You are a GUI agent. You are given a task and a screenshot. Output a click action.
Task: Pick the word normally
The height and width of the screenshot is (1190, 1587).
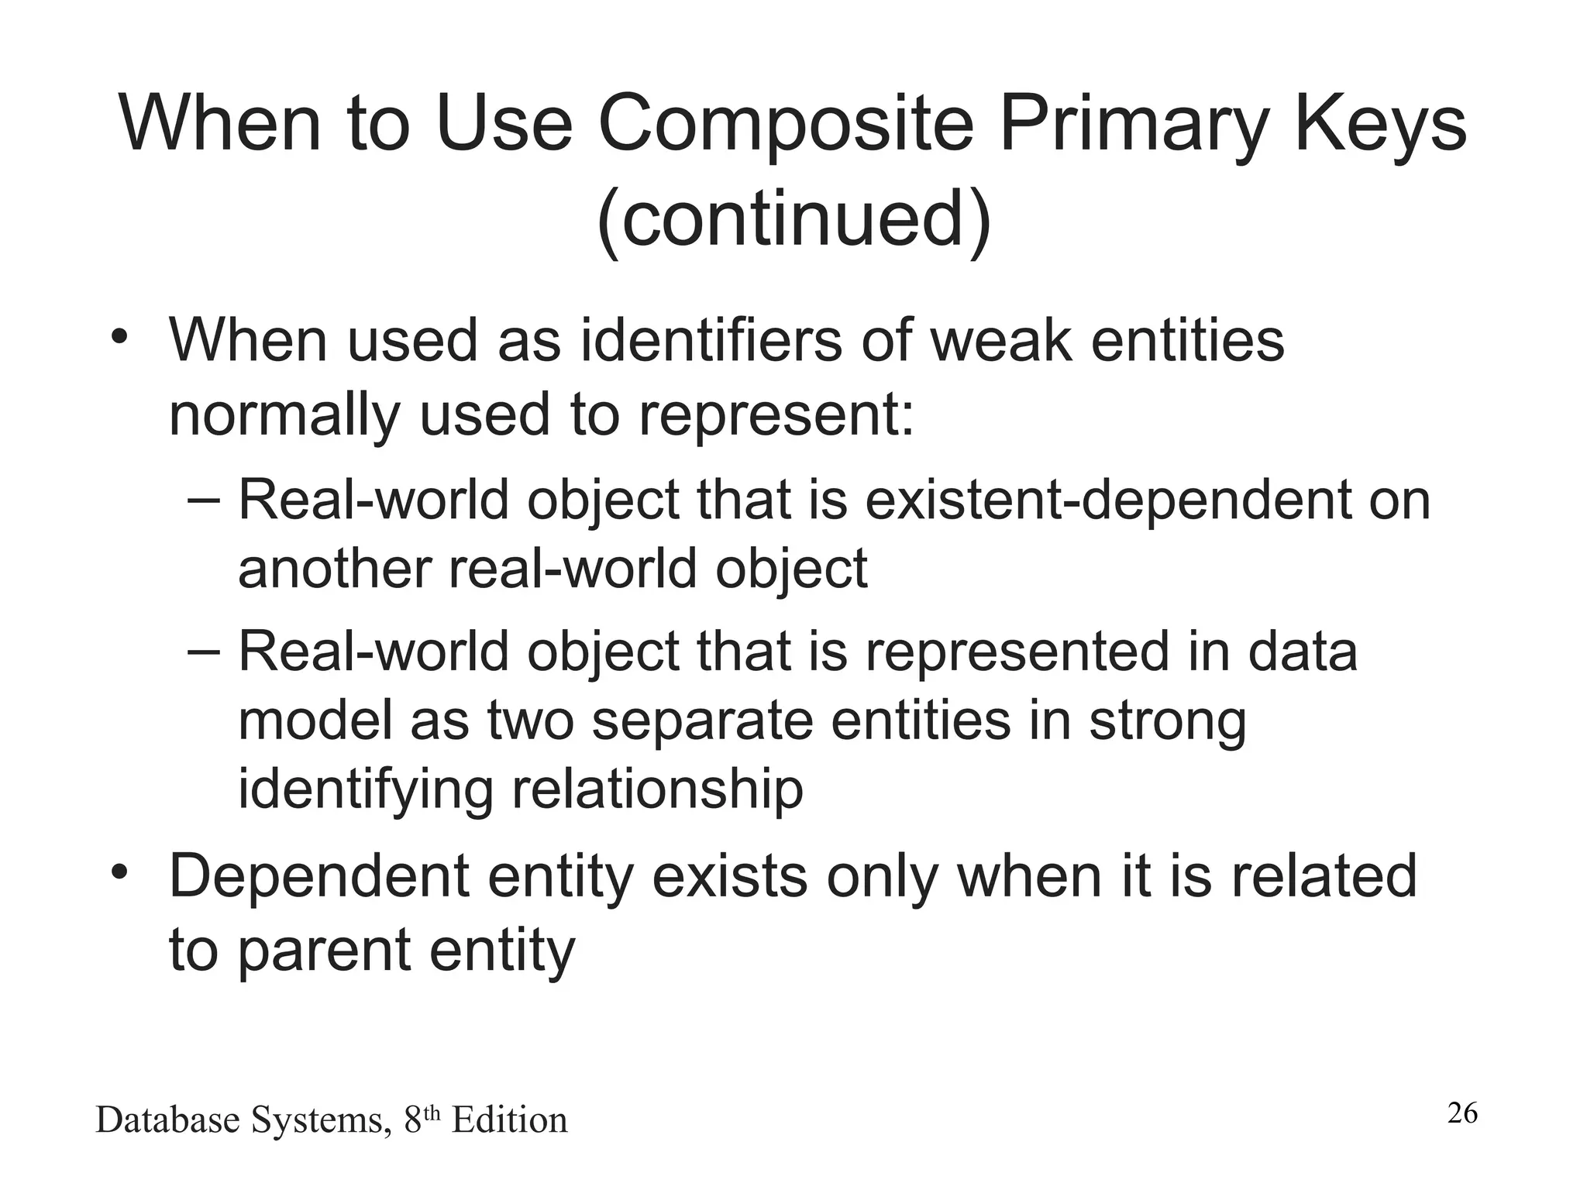[x=284, y=414]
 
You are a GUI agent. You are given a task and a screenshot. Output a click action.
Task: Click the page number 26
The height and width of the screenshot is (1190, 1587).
[x=1462, y=1113]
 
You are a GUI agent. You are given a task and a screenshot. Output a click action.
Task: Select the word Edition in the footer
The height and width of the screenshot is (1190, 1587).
[x=509, y=1120]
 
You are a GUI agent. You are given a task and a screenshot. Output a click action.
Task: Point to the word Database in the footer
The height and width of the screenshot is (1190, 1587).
[x=167, y=1120]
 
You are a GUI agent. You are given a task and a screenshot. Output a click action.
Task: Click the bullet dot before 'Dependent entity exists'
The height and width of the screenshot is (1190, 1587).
[x=119, y=873]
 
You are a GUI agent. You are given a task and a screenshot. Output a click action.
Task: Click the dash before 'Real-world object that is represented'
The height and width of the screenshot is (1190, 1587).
[x=204, y=652]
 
